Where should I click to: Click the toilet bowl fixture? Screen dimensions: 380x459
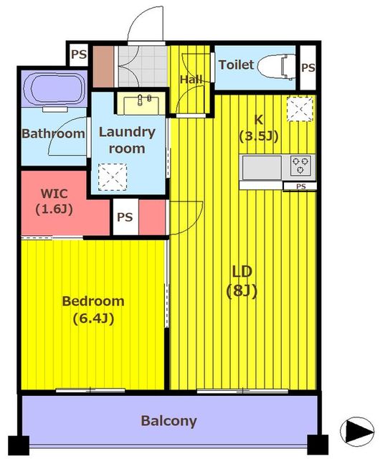276,66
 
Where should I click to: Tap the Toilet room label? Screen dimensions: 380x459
236,65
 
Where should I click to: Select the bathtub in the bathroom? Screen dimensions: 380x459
54,89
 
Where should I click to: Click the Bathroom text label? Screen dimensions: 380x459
53,134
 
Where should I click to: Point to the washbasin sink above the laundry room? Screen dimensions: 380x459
141,103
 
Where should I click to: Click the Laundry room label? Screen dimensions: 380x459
127,141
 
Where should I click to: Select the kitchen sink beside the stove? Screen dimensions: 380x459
262,167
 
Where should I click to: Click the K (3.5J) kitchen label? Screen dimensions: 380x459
259,128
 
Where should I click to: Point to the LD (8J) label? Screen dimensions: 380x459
242,281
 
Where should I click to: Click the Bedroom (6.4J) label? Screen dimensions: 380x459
93,310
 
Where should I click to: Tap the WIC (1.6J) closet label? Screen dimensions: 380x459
54,202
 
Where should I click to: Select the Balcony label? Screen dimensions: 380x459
169,421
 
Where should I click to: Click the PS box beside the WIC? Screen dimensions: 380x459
125,217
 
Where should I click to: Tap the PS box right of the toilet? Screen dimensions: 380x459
308,67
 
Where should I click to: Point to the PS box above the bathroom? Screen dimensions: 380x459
79,55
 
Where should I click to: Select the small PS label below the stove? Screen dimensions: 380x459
300,186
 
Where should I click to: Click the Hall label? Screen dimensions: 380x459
191,80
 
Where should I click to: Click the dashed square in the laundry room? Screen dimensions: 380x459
113,177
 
